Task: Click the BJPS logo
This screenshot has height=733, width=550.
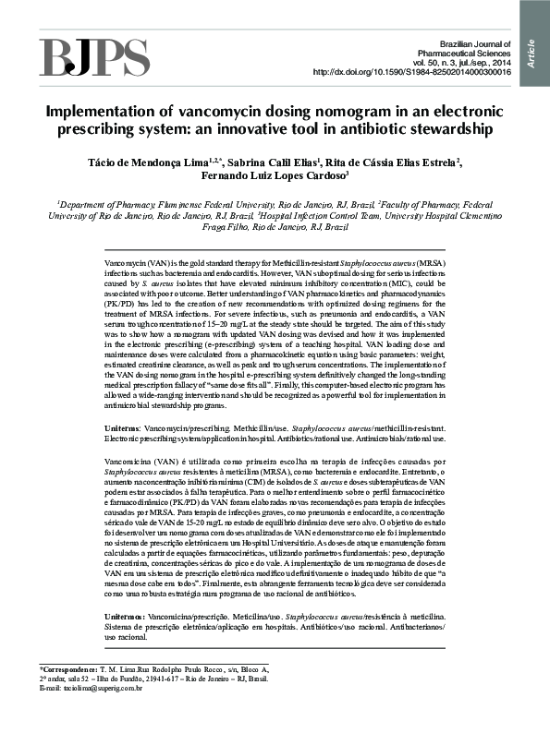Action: [x=77, y=57]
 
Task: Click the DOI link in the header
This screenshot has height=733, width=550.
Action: [x=412, y=72]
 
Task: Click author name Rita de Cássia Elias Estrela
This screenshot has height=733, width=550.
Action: [x=391, y=162]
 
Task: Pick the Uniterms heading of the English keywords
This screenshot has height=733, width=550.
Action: [x=125, y=429]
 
